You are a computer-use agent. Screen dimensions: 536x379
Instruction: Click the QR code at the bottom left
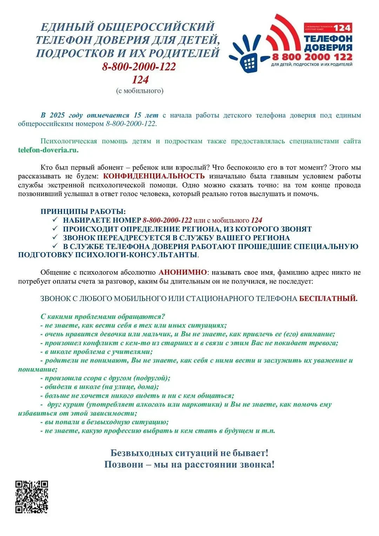(32, 497)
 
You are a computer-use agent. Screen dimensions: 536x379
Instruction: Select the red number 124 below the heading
(140, 80)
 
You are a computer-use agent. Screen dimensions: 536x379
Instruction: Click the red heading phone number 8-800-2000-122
(139, 66)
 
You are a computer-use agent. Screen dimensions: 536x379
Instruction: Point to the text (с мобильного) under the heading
(140, 91)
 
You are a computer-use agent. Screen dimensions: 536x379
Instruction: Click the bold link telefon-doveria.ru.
(48, 150)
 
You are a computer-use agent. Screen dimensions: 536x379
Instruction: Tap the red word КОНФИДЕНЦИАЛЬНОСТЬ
(154, 176)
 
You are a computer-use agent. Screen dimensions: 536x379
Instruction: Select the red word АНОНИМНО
(182, 272)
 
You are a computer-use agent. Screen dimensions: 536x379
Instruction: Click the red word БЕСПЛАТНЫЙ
(327, 299)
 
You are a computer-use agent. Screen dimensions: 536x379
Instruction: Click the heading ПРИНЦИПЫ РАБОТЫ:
(83, 211)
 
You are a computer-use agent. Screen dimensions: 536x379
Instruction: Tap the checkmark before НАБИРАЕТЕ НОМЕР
(55, 220)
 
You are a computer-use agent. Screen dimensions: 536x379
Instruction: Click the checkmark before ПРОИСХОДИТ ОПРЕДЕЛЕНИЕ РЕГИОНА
(55, 229)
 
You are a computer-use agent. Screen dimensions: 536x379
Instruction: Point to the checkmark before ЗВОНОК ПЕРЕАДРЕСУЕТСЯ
(55, 237)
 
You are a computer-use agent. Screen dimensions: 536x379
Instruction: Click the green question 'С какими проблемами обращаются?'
(102, 316)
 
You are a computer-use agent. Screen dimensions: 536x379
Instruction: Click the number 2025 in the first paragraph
(57, 115)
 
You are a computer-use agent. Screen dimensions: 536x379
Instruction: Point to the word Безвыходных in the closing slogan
(141, 453)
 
